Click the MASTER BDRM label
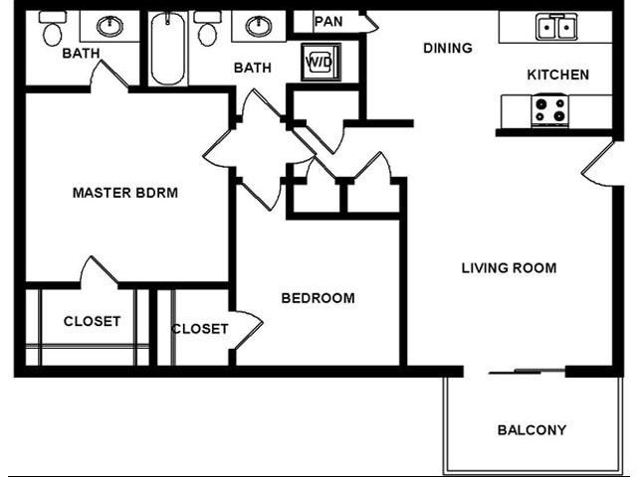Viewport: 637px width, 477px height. [125, 193]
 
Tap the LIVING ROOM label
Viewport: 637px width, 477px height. [509, 267]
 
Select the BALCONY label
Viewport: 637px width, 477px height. [531, 430]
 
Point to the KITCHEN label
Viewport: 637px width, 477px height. [557, 75]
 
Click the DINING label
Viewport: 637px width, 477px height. [448, 48]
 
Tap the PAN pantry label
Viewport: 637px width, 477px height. [328, 21]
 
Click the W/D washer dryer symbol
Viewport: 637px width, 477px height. [320, 62]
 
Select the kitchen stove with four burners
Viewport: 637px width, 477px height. [549, 109]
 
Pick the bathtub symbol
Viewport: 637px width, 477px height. [168, 48]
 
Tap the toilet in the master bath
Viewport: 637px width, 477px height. [52, 31]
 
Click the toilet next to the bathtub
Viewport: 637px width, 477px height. [207, 31]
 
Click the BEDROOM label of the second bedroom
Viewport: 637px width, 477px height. [318, 298]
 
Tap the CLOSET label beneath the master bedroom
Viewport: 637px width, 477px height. [92, 321]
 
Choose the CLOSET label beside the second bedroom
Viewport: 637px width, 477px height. [200, 329]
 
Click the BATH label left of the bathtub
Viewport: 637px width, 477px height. [81, 54]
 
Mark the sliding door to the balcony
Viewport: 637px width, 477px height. [528, 373]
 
